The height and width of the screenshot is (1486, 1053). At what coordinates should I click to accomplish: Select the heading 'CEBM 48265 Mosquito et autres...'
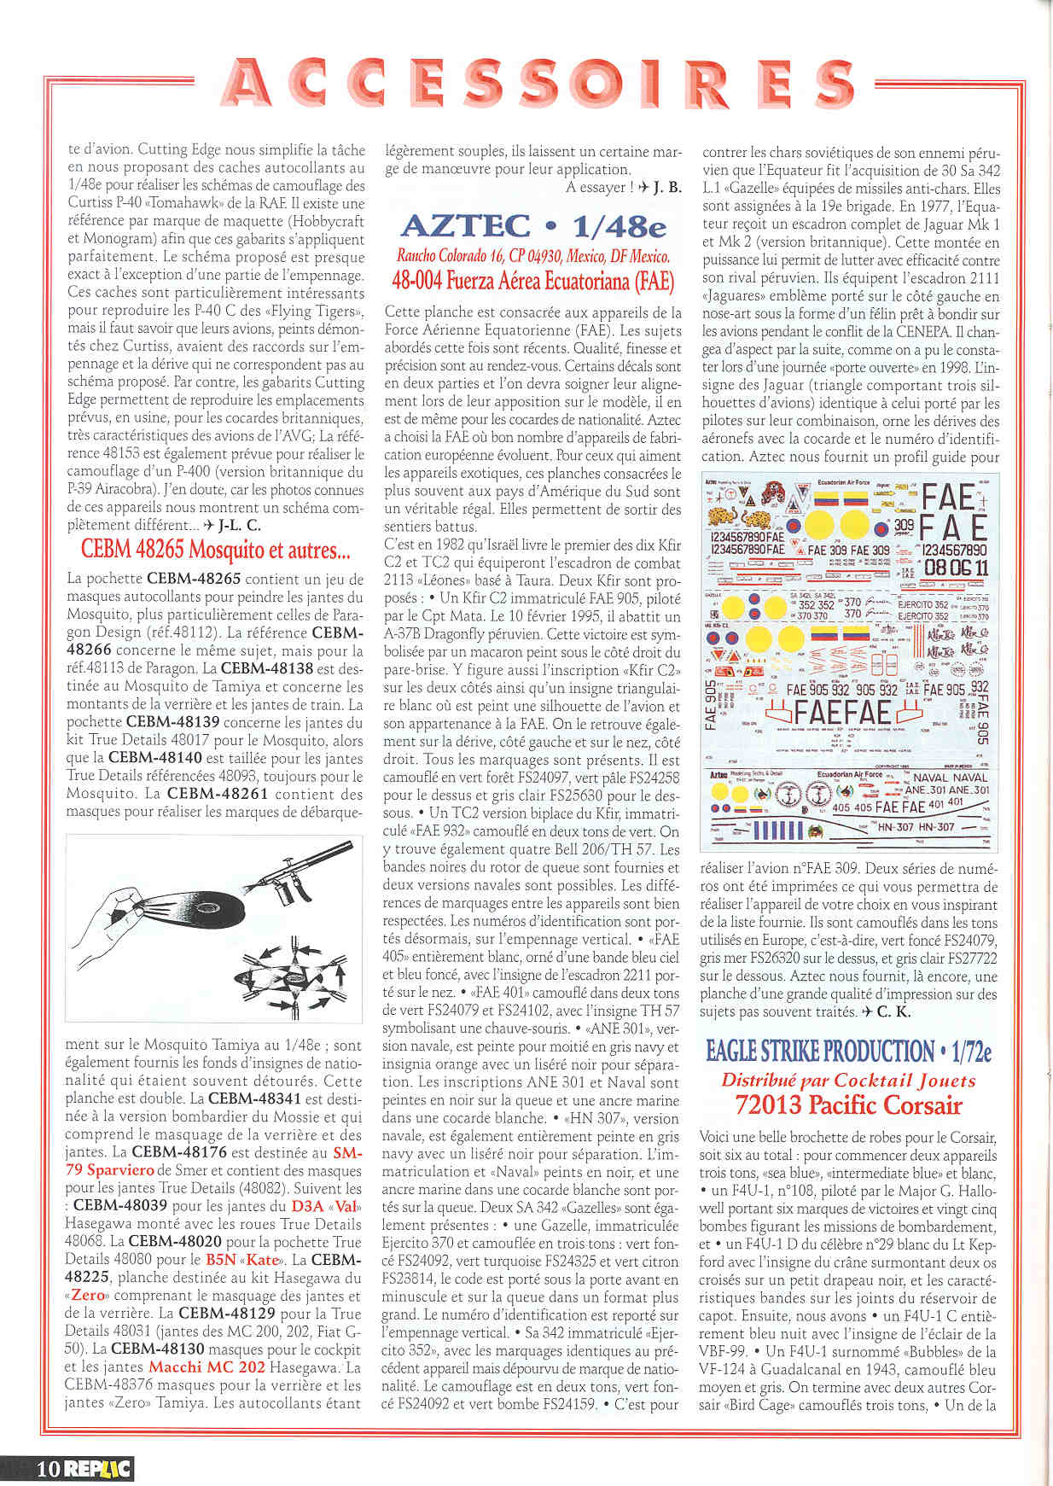point(215,549)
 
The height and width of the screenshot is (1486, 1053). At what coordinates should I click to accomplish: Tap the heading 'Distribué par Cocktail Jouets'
point(848,1081)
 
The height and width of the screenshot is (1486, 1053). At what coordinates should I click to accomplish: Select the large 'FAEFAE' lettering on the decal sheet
point(843,712)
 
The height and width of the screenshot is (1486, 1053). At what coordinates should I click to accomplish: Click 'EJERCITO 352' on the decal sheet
point(923,615)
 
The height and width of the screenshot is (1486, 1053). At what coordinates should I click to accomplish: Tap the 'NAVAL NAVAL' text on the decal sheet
point(950,778)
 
